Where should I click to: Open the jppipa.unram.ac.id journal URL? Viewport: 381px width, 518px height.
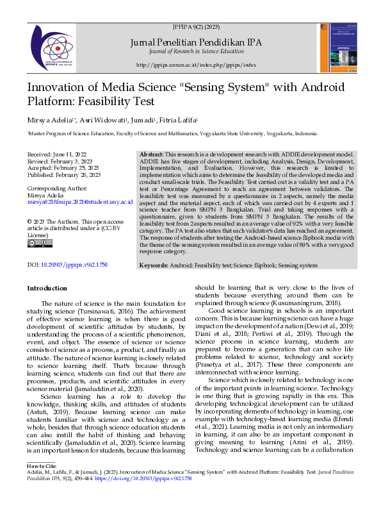click(197, 65)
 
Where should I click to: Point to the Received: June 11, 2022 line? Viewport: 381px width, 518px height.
click(57, 155)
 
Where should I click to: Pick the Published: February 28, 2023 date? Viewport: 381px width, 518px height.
click(63, 174)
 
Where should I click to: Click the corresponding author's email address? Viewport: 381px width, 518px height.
click(79, 201)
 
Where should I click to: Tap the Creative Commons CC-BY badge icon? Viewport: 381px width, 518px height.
click(36, 242)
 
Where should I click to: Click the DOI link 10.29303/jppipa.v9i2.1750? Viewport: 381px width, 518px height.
click(74, 264)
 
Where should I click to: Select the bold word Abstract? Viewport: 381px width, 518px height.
click(152, 155)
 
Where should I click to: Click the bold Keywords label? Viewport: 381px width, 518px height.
click(154, 265)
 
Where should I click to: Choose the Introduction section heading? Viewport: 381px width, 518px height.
click(47, 288)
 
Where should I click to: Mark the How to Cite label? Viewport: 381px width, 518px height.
click(42, 465)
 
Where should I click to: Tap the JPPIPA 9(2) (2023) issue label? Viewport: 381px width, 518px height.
click(196, 29)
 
